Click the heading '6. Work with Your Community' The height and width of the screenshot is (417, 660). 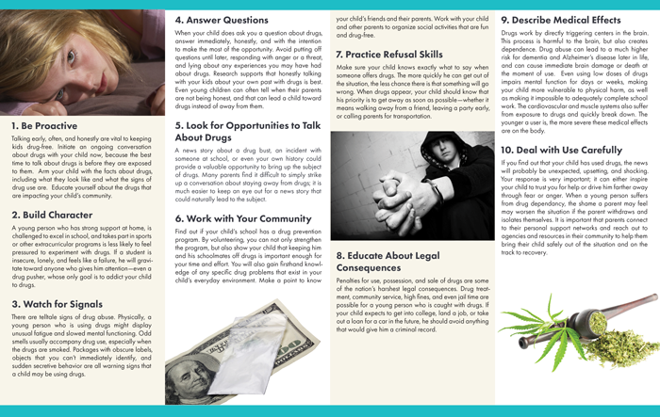(236, 217)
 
